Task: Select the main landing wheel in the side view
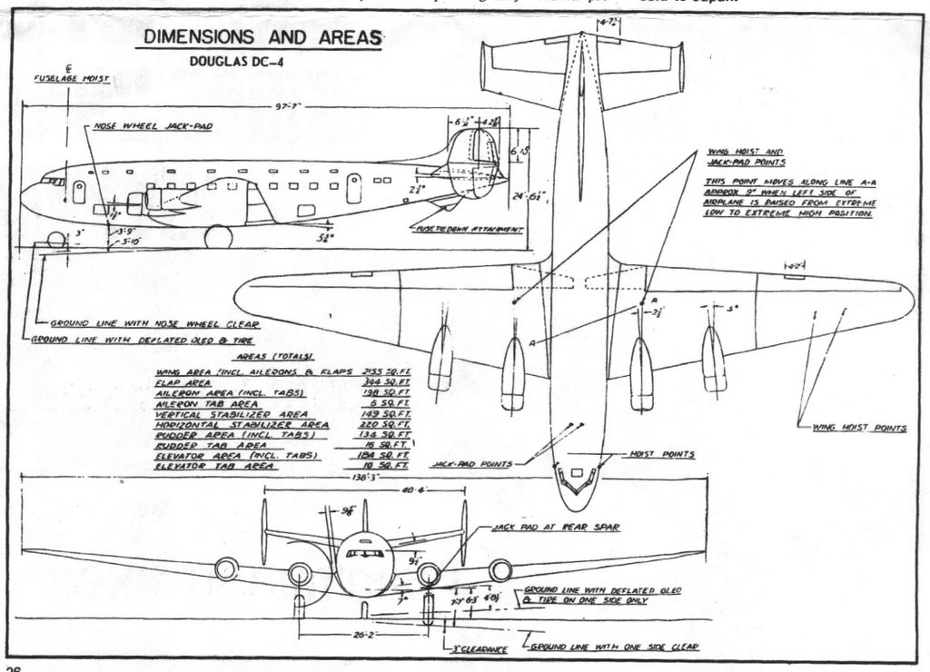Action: click(218, 237)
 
